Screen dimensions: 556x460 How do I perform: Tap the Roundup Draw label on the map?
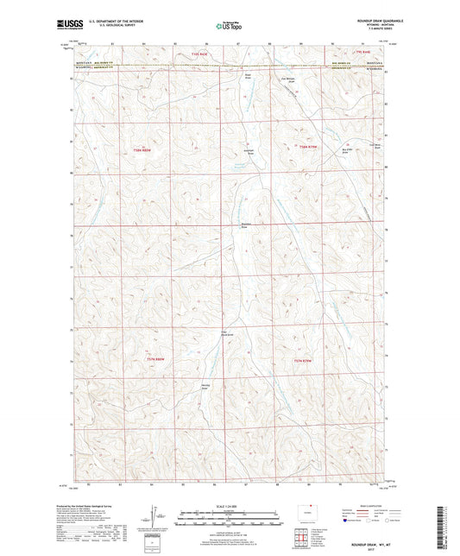(x=245, y=227)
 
